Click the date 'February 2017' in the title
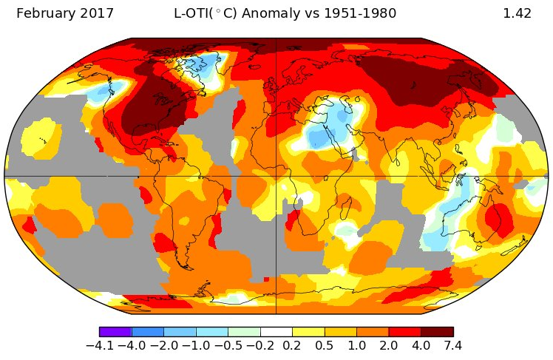click(x=65, y=13)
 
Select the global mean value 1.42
click(x=517, y=13)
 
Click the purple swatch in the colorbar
click(x=115, y=332)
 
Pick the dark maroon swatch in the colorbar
click(x=437, y=332)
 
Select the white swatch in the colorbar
click(x=276, y=332)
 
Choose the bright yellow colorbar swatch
click(x=308, y=332)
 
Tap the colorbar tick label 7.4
click(x=452, y=346)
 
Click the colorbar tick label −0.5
click(x=227, y=346)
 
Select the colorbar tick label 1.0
click(x=356, y=346)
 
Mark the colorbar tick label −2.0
click(x=163, y=346)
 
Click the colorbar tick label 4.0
click(x=421, y=346)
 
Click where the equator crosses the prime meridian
click(x=276, y=176)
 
